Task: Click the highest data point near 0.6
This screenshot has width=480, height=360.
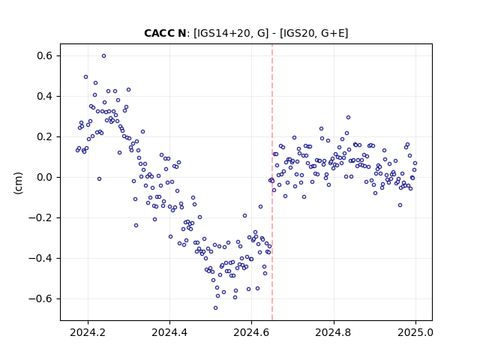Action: tap(103, 56)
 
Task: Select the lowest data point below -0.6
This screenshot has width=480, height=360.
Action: tap(215, 308)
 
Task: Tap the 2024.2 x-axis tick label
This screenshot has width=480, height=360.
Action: tap(88, 332)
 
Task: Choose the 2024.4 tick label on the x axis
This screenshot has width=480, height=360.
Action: tap(169, 332)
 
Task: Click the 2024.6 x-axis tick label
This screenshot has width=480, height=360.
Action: tap(251, 332)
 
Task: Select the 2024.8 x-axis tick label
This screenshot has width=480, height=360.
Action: tap(333, 332)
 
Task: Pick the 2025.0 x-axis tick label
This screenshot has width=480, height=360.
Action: tap(415, 332)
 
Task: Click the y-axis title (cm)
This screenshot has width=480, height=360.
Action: tap(18, 183)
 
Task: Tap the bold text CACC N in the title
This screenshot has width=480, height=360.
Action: tap(165, 33)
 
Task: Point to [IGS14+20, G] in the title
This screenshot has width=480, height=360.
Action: tap(231, 33)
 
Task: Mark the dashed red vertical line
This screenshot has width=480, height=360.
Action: tap(272, 182)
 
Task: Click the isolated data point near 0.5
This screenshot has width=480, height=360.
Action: tap(86, 77)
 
